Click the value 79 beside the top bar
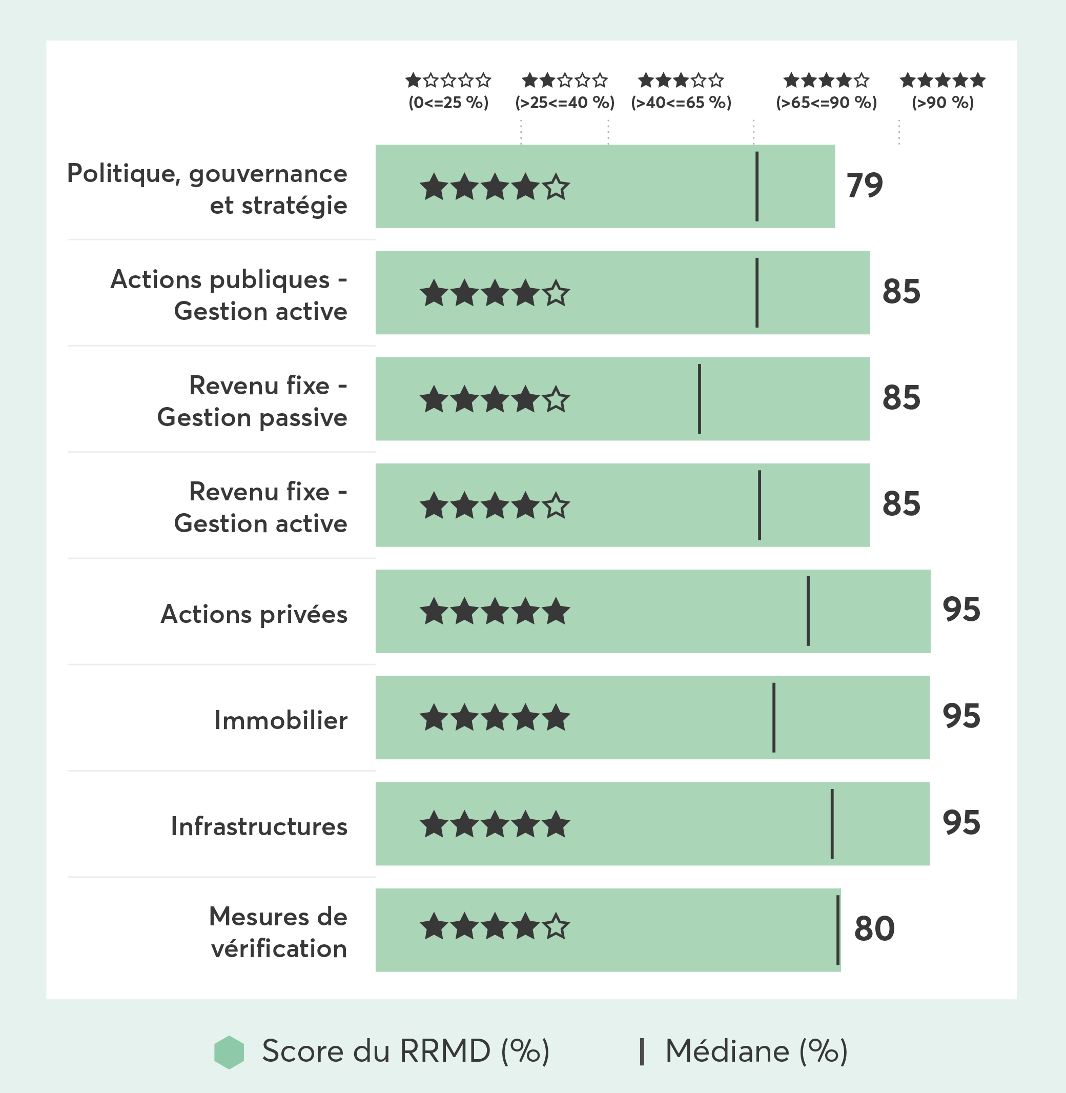(x=865, y=186)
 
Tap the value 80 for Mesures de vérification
(x=874, y=929)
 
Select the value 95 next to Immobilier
(x=961, y=716)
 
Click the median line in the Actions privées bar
(x=808, y=611)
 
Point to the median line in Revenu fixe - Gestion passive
(x=699, y=399)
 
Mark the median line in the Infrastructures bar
(x=832, y=824)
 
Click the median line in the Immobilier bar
(x=774, y=717)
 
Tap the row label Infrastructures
(x=259, y=826)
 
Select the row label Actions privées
(x=254, y=614)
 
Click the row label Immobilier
(x=280, y=721)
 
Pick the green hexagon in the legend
(x=229, y=1052)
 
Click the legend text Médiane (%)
(x=756, y=1051)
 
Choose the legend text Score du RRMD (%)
(x=405, y=1051)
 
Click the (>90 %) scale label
(x=943, y=103)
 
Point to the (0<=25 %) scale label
(x=448, y=103)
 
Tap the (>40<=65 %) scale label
(x=681, y=103)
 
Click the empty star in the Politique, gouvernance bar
(x=556, y=187)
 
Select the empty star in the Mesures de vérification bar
(x=556, y=926)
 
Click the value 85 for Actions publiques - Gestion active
(x=901, y=292)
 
